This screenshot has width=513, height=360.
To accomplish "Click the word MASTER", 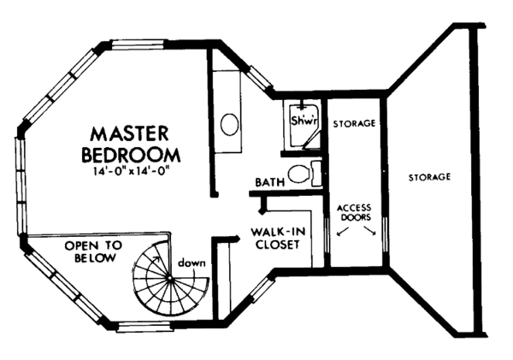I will coord(132,135).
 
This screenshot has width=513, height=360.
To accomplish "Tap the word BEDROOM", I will coord(132,155).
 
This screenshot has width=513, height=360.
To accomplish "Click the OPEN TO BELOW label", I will coord(94,251).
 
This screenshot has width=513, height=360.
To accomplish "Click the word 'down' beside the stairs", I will coord(193,263).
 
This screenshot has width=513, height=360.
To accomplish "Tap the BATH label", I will coord(269,182).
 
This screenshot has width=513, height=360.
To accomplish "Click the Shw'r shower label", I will coord(304,122).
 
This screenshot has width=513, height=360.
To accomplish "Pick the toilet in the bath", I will coord(298,174).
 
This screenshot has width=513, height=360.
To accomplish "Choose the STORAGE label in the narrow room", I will coord(354,124).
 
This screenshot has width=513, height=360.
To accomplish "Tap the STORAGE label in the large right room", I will coord(429,177).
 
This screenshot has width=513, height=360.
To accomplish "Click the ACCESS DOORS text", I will coord(353,213).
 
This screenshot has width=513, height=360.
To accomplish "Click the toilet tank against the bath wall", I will coord(315,174).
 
